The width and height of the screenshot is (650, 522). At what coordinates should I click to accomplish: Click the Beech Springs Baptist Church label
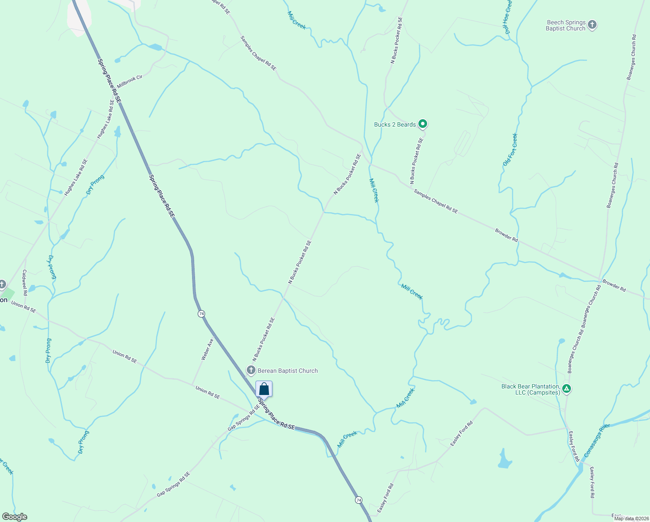tap(566, 25)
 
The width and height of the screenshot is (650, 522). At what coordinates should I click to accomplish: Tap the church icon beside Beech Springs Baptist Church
tap(592, 25)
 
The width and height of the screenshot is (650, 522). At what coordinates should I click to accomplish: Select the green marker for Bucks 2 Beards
tap(422, 124)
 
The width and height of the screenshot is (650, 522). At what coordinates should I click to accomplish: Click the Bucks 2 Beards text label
tap(395, 124)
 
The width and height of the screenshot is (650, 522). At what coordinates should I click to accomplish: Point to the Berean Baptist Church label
tap(288, 371)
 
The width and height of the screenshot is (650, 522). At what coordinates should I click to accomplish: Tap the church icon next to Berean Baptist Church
tap(251, 371)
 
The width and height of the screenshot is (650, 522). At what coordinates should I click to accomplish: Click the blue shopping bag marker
tap(264, 389)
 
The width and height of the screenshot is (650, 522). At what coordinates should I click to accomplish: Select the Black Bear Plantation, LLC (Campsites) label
tap(530, 389)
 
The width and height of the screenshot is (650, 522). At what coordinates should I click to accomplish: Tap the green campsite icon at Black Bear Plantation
tap(566, 388)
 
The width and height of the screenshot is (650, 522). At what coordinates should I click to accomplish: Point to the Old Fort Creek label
tap(511, 149)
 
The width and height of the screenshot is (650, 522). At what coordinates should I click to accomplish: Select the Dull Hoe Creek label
tap(508, 17)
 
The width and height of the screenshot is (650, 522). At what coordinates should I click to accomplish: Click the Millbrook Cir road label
tap(129, 81)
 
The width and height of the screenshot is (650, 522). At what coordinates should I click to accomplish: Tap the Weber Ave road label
tap(207, 349)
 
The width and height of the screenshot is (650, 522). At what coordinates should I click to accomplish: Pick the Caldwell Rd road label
tap(25, 282)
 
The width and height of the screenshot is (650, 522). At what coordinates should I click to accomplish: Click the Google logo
tap(15, 517)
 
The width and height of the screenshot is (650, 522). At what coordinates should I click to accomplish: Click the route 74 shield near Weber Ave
tap(201, 314)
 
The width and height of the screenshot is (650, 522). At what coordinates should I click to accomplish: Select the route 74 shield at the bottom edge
tap(358, 500)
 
